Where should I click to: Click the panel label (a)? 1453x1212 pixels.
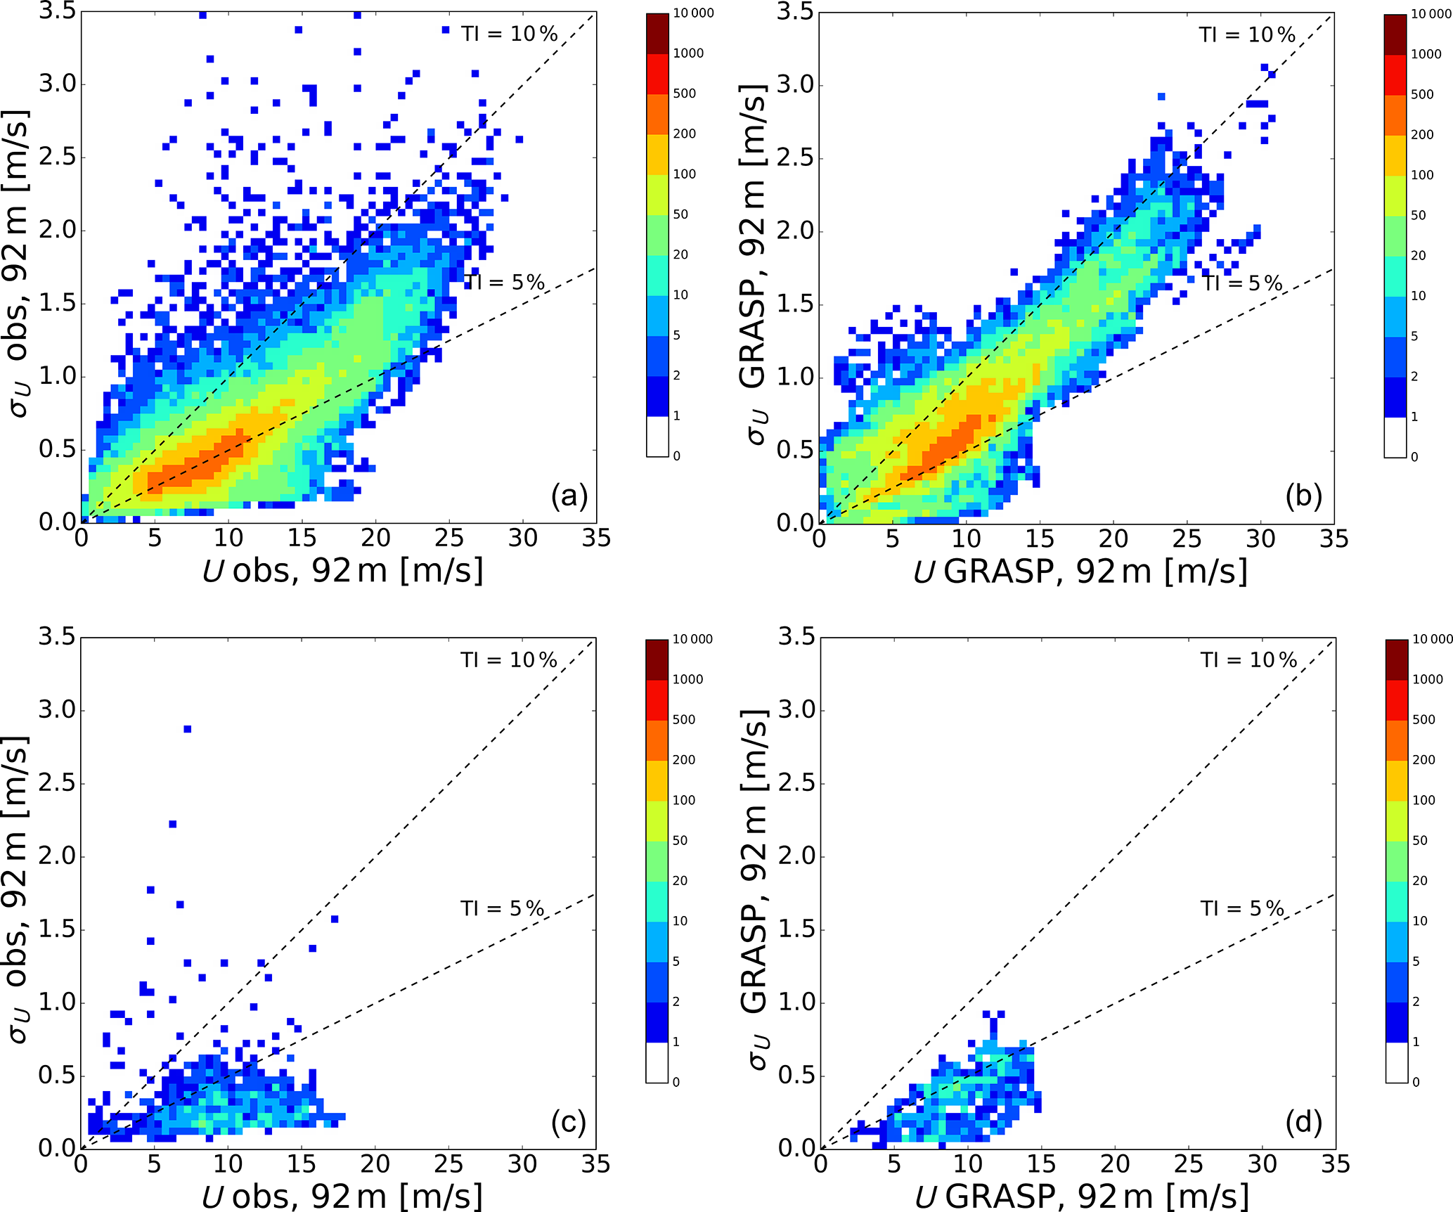569,496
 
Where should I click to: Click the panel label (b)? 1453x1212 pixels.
1303,496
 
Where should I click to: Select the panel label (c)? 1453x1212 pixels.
568,1123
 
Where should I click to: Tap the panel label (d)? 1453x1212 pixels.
1303,1123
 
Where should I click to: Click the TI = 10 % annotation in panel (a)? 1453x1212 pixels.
509,34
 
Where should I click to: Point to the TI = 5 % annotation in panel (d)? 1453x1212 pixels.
1241,908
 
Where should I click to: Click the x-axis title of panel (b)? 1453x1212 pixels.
1080,572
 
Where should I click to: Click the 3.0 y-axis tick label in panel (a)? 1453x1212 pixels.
58,84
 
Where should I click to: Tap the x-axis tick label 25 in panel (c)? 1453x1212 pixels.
448,1165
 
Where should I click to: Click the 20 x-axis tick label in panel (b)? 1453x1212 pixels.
1113,539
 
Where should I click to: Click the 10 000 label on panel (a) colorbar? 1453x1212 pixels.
693,13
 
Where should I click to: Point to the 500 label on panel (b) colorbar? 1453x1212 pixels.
1422,94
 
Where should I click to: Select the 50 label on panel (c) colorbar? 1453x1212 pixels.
680,840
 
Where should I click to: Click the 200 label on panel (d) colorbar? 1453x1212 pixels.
1423,760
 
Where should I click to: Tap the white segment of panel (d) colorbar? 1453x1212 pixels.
1397,1062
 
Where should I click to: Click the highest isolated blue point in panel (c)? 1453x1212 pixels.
188,729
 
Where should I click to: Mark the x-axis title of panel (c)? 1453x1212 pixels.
342,1197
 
